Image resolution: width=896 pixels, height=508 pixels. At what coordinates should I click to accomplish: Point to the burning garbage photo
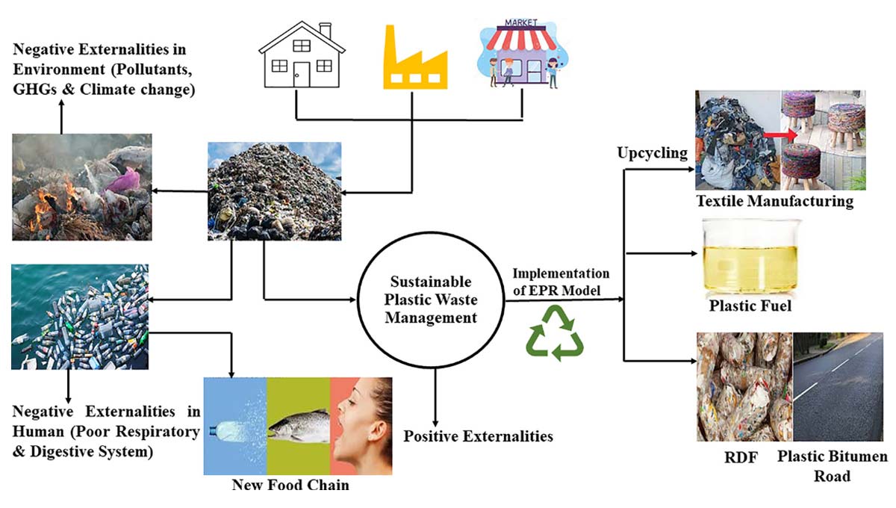[81, 187]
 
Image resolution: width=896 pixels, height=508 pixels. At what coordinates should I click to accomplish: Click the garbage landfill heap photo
[274, 191]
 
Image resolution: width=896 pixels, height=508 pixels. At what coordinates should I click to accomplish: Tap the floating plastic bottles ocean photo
[80, 317]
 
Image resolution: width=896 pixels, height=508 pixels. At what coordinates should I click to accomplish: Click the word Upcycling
[652, 153]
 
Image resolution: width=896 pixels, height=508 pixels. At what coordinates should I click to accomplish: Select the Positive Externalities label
[479, 436]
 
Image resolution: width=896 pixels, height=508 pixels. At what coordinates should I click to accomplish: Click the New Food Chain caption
[290, 485]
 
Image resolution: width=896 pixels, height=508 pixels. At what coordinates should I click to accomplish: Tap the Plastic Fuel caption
[751, 306]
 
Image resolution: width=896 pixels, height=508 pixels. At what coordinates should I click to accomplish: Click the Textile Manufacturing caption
[774, 201]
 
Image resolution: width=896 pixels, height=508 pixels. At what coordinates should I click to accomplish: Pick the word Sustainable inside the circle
[432, 282]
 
